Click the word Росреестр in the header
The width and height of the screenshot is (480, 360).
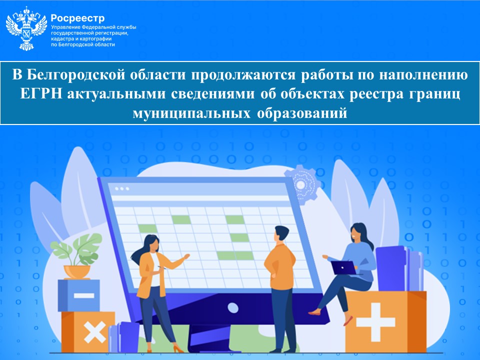pos(70,18)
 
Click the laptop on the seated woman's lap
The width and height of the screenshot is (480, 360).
pos(345,267)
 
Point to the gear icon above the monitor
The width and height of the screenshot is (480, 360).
pos(300,184)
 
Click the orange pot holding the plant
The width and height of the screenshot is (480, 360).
pos(76,271)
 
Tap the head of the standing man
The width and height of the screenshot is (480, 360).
pos(281,234)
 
